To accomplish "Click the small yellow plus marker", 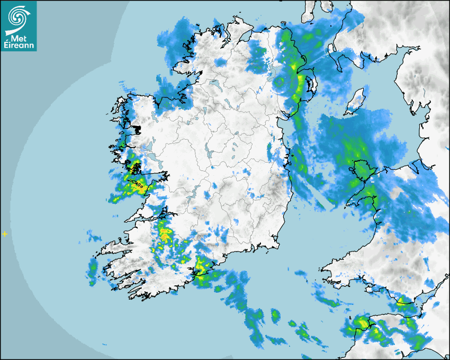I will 5,233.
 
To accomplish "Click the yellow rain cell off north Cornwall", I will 362,322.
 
